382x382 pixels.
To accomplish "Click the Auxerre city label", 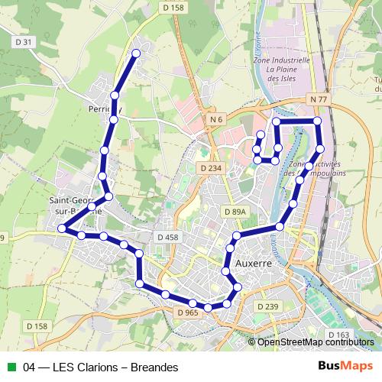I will tap(254, 263).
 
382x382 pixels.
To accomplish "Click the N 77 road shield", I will tap(319, 99).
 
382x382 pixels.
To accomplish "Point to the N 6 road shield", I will tap(217, 119).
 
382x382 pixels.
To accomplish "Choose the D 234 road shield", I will tap(209, 168).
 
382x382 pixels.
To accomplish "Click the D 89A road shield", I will tap(235, 210).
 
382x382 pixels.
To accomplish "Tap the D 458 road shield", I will tap(166, 238).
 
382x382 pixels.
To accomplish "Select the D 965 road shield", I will tap(187, 312).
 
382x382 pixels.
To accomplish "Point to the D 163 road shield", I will tap(338, 335).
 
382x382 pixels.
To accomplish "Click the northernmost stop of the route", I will tap(136, 53).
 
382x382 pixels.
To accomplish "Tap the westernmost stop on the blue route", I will tap(63, 228).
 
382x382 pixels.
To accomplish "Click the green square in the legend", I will tap(11, 367).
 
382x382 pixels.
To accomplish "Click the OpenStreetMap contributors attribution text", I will tap(316, 342).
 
